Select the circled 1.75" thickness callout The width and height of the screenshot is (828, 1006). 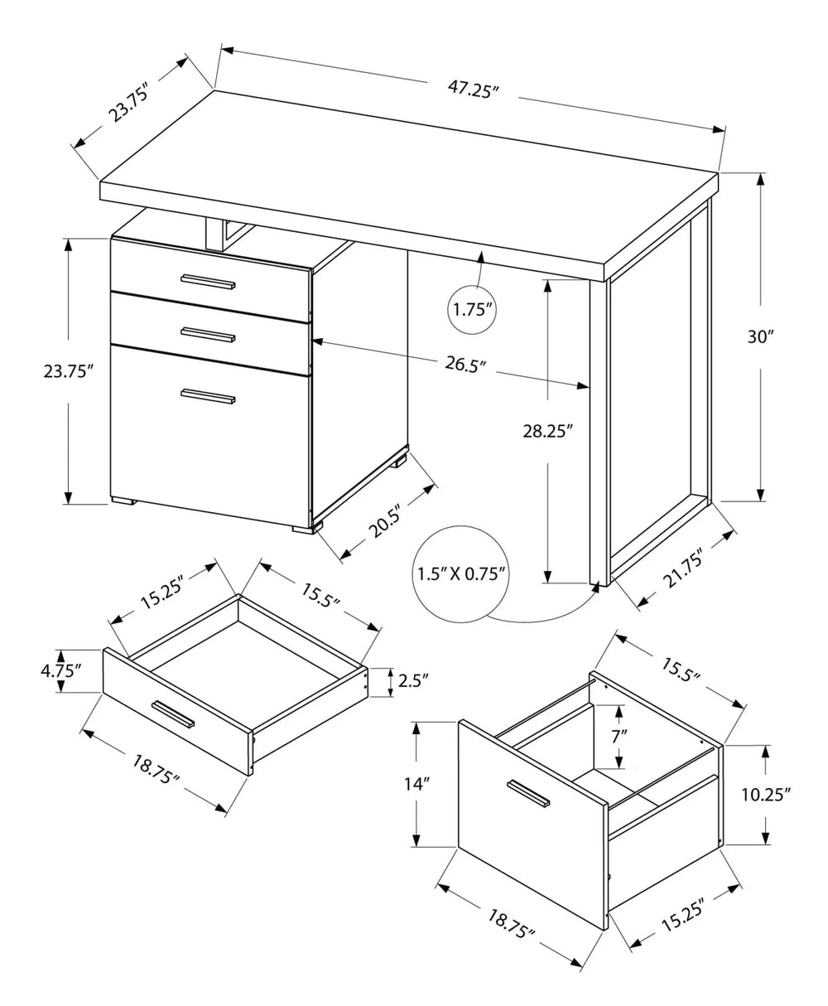(x=474, y=311)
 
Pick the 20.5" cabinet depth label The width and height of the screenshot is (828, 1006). (x=385, y=522)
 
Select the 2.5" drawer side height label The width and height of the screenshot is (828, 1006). (x=412, y=681)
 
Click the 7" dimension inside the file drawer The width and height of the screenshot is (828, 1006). (x=619, y=735)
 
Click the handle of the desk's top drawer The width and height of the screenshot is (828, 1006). (x=208, y=282)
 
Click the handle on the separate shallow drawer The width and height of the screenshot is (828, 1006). (x=172, y=713)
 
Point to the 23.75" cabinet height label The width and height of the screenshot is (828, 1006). (x=65, y=371)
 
